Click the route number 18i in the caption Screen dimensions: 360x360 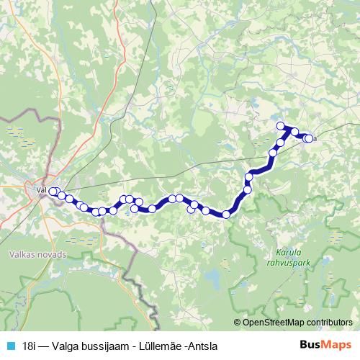coord(30,345)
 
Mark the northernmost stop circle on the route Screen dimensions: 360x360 coord(282,126)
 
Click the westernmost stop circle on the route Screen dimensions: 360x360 coord(53,191)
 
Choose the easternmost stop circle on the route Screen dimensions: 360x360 coord(310,138)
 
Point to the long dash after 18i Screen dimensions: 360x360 coord(44,345)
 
